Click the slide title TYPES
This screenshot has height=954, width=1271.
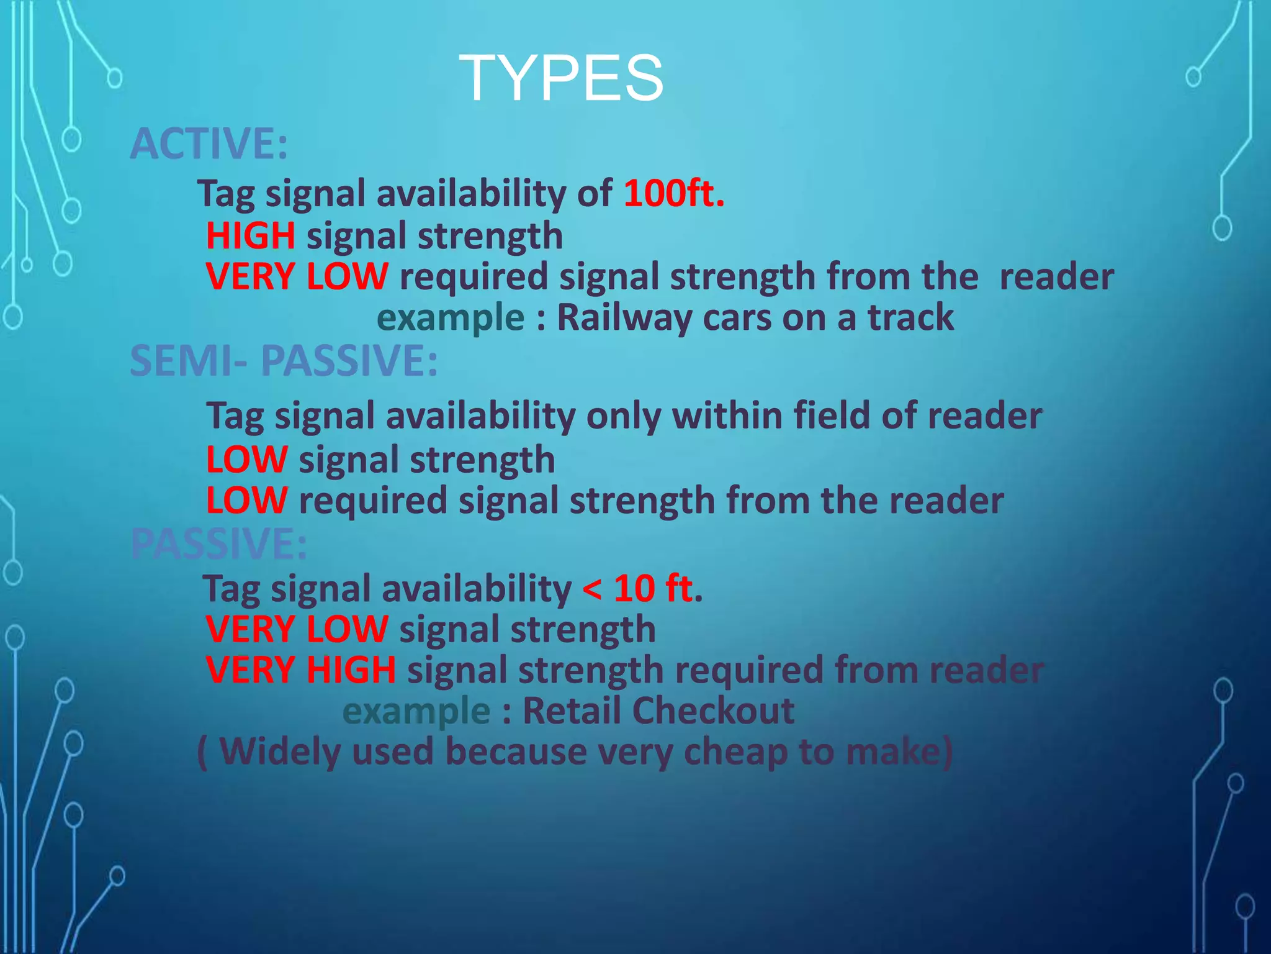[561, 78]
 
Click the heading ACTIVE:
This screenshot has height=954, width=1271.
[209, 143]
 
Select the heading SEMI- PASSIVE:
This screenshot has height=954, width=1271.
[284, 360]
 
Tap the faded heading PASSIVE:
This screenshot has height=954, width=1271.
[218, 543]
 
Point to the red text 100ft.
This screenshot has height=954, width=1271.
[674, 193]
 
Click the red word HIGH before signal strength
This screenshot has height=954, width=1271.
[251, 236]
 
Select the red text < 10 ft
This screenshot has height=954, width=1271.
[638, 588]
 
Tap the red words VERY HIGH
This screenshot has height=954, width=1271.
[301, 670]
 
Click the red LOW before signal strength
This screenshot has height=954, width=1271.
[247, 460]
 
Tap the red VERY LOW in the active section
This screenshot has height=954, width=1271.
[297, 276]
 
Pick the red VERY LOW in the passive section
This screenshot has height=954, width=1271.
[297, 629]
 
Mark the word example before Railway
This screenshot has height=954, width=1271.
[451, 318]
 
